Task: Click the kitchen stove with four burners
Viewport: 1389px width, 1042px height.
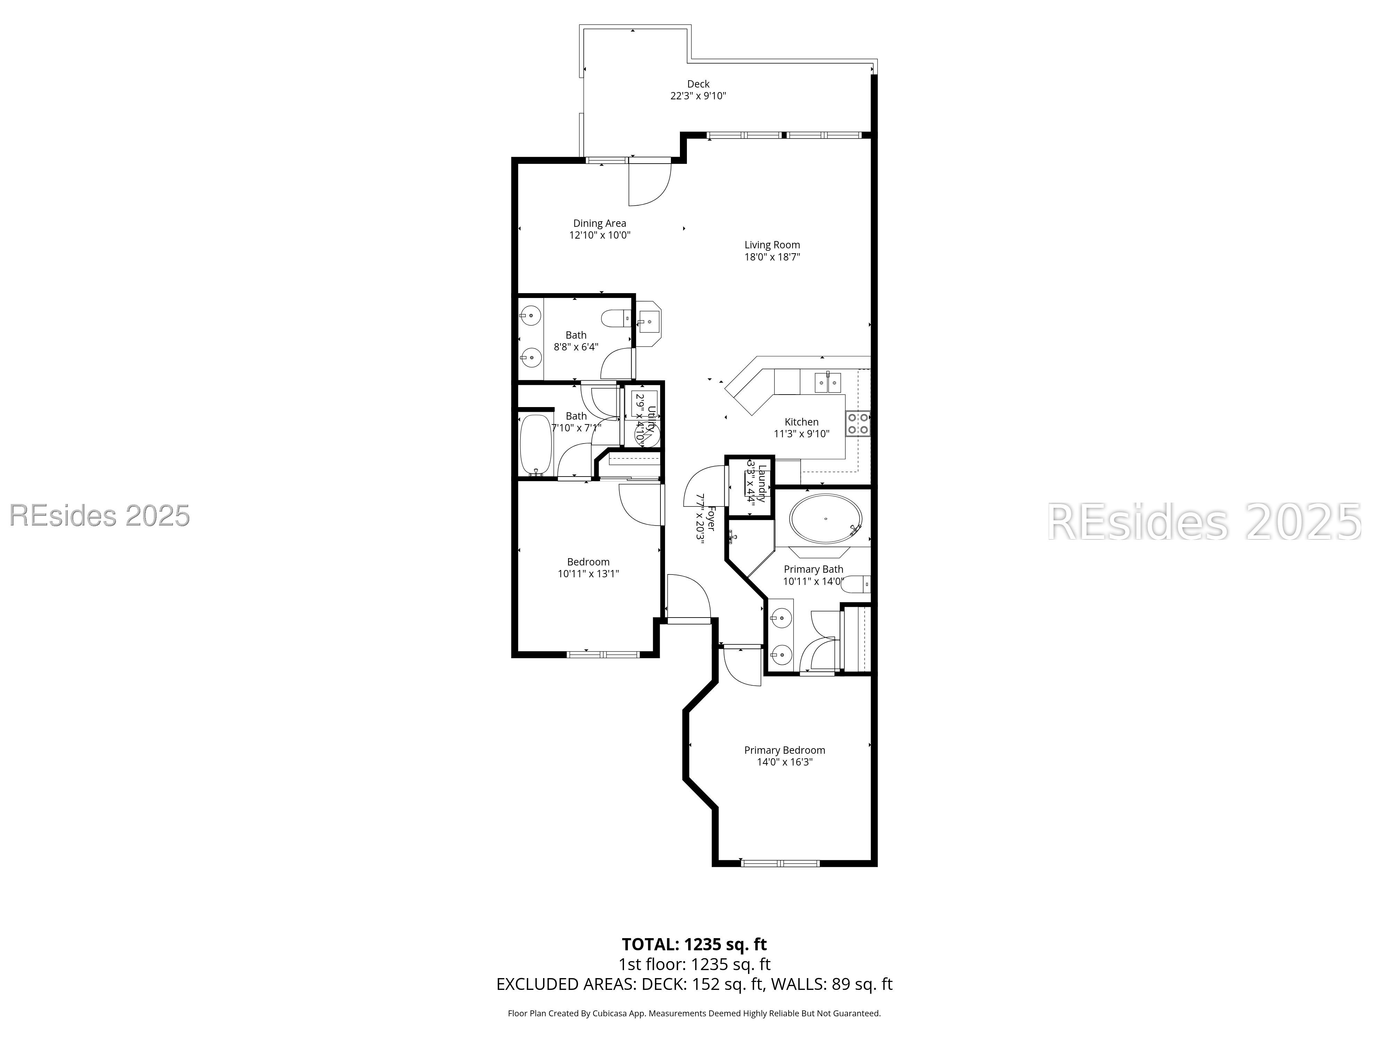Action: pos(857,423)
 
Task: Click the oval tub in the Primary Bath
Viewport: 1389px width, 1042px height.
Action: pos(825,519)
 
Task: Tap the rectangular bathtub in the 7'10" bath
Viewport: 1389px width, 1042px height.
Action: pos(535,445)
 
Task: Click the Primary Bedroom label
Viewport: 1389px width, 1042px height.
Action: pos(784,750)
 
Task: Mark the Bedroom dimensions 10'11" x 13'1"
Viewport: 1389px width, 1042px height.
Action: pos(588,573)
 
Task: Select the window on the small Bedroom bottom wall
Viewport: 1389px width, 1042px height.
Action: pos(603,654)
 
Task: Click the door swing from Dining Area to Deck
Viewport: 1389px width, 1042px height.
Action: pos(650,183)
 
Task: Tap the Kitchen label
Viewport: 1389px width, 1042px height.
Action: pos(801,422)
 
